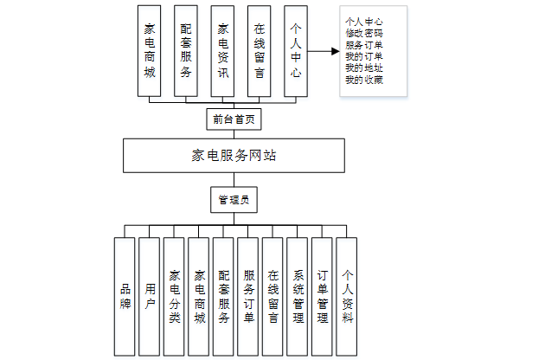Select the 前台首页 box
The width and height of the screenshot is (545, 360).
pos(233,118)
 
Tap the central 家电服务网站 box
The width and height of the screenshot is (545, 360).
pos(234,156)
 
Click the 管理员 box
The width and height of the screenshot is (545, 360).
pos(234,201)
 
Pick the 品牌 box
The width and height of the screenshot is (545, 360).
pos(125,296)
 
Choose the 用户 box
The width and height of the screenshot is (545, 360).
pos(150,296)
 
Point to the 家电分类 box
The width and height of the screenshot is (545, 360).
pos(174,296)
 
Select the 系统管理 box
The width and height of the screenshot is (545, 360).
pos(298,296)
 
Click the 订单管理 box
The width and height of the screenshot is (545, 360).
pos(322,296)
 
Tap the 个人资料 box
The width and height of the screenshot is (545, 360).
pos(347,296)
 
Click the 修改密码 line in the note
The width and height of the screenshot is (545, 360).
pos(363,32)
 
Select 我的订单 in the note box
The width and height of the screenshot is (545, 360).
pos(363,56)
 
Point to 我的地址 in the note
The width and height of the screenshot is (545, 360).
pos(363,68)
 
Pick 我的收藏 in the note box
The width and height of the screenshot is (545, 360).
pos(363,80)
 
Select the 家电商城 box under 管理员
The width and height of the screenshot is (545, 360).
pos(199,296)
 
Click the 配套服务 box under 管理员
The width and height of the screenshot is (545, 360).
pos(223,296)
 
